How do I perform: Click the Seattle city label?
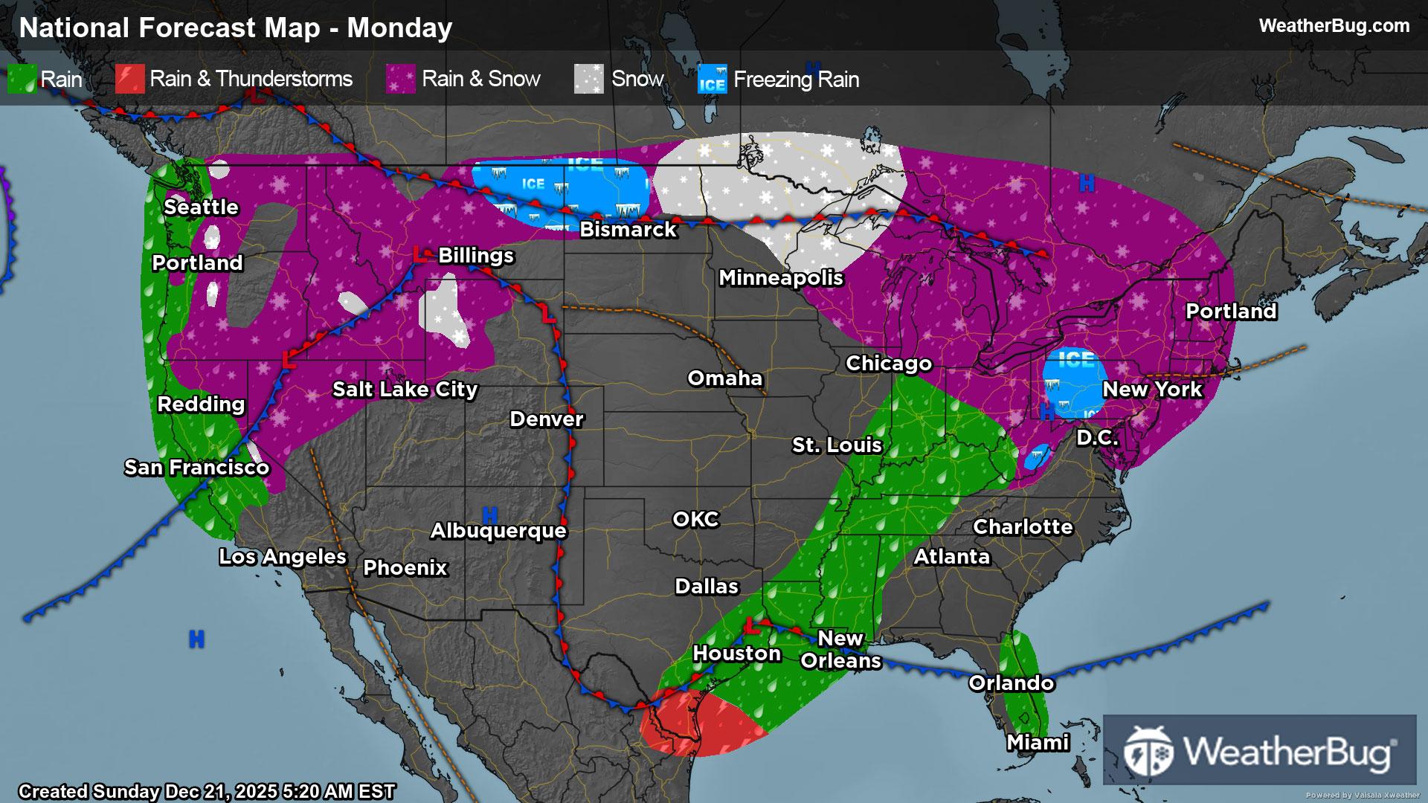click(x=201, y=207)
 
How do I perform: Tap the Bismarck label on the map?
click(x=628, y=230)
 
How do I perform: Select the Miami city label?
click(x=1038, y=743)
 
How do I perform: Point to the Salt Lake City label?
click(x=405, y=390)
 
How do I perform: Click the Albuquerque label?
click(x=498, y=531)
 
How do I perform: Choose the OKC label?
click(x=695, y=520)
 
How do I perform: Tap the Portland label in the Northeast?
click(x=1231, y=312)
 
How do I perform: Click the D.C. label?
click(x=1098, y=438)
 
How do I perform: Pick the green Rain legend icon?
click(x=22, y=80)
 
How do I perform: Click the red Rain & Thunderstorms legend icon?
click(x=129, y=80)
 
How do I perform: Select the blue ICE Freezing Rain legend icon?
click(x=712, y=80)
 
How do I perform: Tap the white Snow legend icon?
click(x=588, y=80)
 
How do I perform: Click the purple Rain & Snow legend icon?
click(x=400, y=80)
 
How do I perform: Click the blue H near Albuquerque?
click(x=489, y=515)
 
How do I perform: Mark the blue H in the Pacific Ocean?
click(x=196, y=639)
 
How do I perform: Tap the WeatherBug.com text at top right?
click(x=1334, y=26)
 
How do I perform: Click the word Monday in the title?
click(x=399, y=28)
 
